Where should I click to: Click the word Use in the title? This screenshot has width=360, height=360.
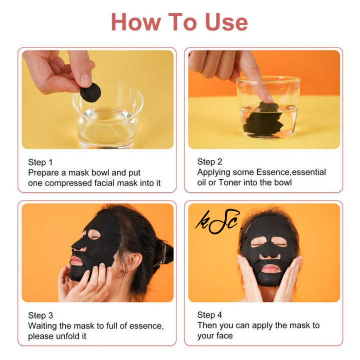tap(226, 22)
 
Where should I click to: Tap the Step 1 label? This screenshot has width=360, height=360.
tap(40, 162)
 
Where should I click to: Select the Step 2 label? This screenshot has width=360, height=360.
tap(210, 162)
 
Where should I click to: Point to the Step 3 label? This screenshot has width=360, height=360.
tap(40, 315)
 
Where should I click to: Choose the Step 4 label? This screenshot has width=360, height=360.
tap(210, 315)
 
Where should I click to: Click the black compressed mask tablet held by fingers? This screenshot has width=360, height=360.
tap(90, 92)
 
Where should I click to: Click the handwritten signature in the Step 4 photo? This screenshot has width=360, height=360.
tap(218, 221)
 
